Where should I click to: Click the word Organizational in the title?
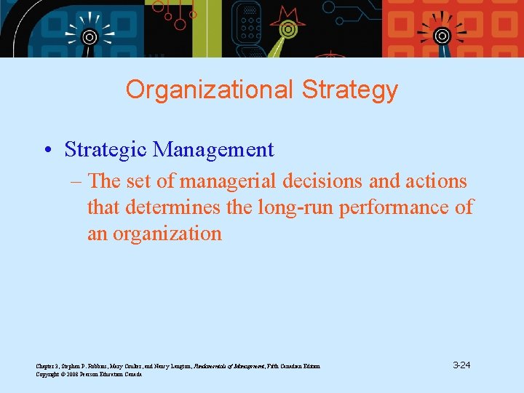coord(209,90)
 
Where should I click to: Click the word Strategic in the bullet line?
coord(106,150)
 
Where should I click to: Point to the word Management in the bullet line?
coord(214,150)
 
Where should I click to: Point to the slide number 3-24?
coord(461,365)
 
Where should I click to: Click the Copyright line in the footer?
coord(88,374)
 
